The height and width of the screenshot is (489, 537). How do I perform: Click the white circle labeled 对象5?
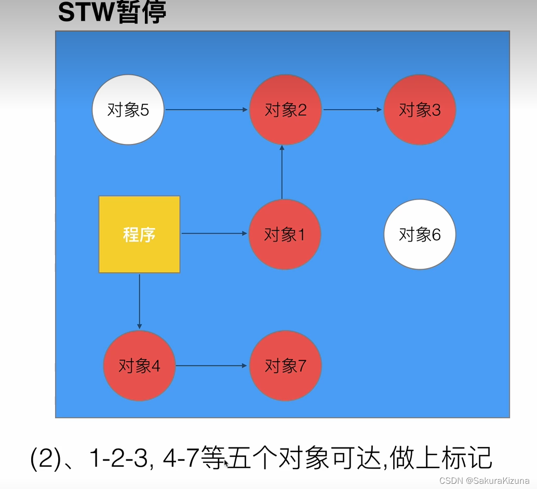pyautogui.click(x=128, y=110)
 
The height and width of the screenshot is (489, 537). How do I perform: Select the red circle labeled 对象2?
pyautogui.click(x=285, y=110)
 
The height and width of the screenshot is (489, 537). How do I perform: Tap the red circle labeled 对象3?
pyautogui.click(x=420, y=110)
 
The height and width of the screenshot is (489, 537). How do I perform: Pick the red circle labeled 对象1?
pyautogui.click(x=285, y=234)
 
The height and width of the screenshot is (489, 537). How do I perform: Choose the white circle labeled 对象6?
pyautogui.click(x=420, y=234)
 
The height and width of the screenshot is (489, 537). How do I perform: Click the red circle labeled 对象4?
pyautogui.click(x=139, y=366)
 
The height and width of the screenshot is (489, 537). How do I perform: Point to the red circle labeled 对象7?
pyautogui.click(x=285, y=366)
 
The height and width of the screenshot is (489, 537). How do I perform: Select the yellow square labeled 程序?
pyautogui.click(x=139, y=234)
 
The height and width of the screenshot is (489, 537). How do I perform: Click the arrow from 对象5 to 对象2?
pyautogui.click(x=206, y=110)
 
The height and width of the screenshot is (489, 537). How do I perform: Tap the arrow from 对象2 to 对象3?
pyautogui.click(x=353, y=110)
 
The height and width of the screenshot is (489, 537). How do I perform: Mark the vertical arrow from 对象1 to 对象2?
pyautogui.click(x=282, y=171)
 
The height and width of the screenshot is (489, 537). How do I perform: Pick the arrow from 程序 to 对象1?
pyautogui.click(x=214, y=234)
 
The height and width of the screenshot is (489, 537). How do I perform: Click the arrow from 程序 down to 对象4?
pyautogui.click(x=139, y=301)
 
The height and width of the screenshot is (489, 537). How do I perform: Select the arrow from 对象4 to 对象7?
pyautogui.click(x=211, y=366)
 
